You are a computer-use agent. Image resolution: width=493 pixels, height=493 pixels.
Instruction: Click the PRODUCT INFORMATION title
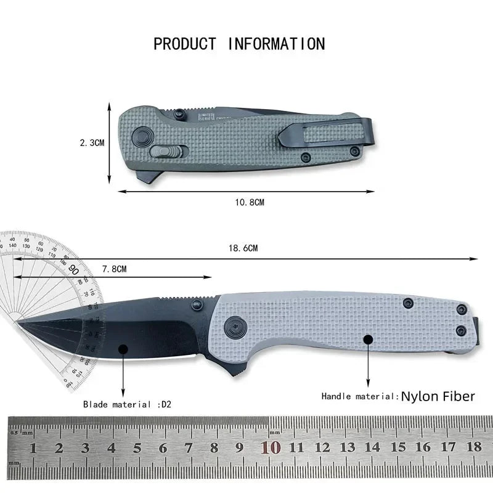pos(239,44)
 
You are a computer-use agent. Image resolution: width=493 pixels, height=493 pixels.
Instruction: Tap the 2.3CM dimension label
pos(92,142)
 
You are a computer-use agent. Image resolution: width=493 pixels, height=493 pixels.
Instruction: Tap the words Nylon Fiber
pos(438,396)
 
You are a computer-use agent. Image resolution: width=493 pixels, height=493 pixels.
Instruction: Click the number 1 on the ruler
pos(33,448)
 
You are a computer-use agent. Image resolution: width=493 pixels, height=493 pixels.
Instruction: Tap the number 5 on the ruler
pos(137,448)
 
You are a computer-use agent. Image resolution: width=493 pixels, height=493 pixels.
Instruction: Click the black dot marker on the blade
pos(123,349)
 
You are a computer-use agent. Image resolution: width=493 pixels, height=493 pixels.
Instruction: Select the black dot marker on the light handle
pos(368,339)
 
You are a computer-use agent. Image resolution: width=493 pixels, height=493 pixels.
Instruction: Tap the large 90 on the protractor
pos(73,269)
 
